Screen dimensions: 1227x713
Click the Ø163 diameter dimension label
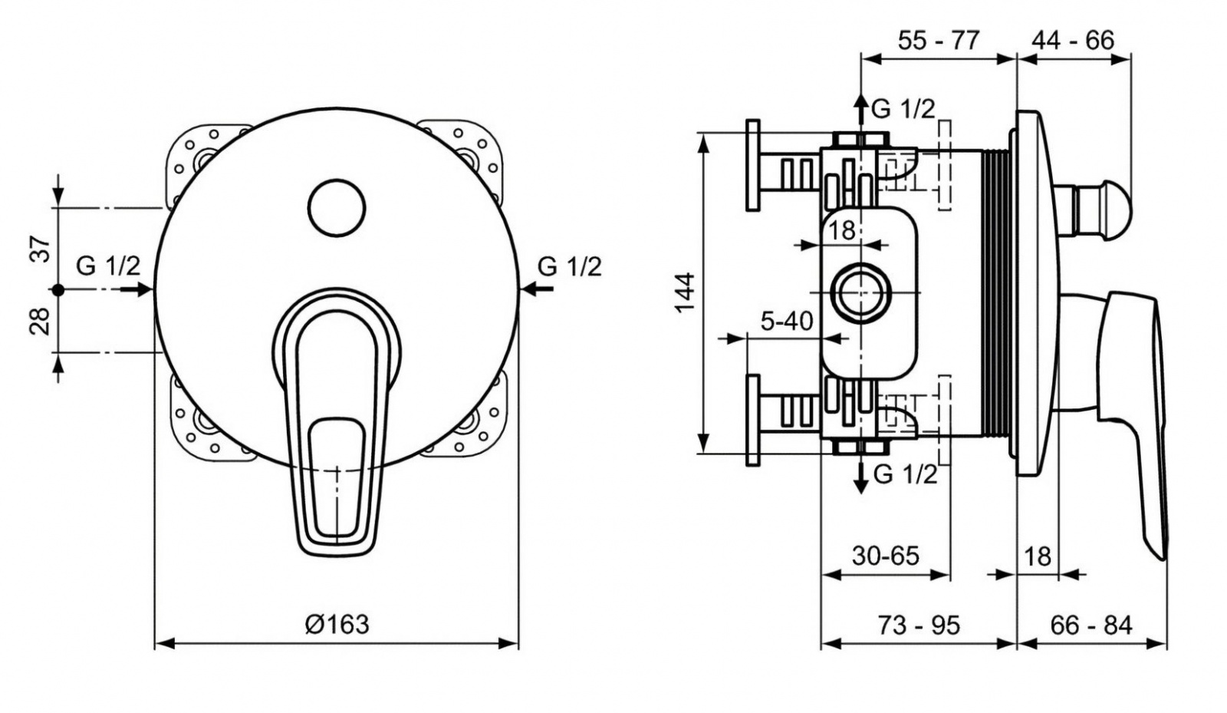337,624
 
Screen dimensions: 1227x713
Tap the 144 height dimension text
685,292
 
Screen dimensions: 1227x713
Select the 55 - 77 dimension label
939,40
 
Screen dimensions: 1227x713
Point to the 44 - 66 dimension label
1073,40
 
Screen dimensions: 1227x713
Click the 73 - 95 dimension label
919,626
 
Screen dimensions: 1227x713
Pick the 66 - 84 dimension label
1091,626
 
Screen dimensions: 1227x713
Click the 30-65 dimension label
885,556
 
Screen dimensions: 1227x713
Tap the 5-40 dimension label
787,321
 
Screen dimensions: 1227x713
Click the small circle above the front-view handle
337,208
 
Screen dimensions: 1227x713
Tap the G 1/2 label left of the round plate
108,266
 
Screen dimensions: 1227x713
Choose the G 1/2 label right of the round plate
570,266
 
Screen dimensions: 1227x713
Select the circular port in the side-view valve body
861,292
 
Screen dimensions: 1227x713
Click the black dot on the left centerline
58,290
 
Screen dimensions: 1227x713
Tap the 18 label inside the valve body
841,230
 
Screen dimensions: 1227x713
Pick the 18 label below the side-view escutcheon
1038,556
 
